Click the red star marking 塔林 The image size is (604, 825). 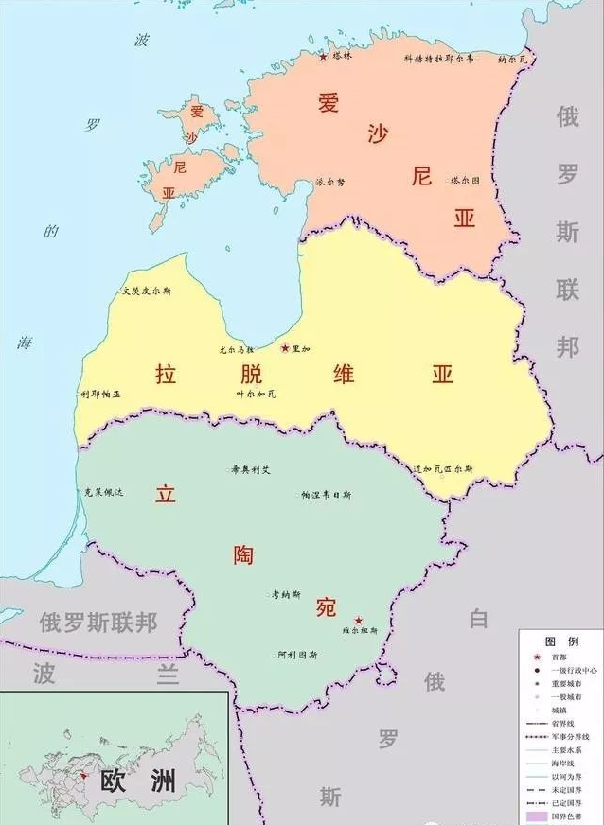coord(323,57)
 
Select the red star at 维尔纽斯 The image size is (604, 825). coord(358,621)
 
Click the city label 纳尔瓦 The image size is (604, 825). coord(515,59)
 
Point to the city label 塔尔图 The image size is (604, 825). coord(465,180)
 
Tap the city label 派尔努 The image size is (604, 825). coord(330,182)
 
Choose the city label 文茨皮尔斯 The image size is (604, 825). coord(147,291)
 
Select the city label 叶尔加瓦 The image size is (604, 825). coord(256,394)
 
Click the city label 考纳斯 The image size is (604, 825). coord(286,595)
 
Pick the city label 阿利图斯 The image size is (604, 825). coord(297,655)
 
